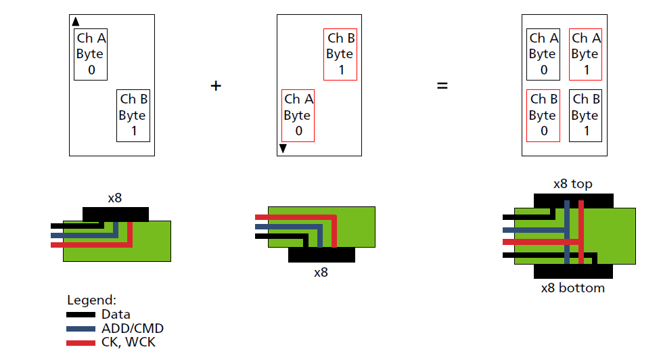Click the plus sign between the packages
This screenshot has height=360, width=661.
click(216, 86)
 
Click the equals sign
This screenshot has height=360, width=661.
click(442, 86)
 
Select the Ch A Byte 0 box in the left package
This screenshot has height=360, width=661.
click(91, 54)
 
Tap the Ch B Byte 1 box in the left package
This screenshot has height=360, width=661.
click(133, 115)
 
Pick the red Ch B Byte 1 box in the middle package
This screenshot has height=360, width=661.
click(340, 54)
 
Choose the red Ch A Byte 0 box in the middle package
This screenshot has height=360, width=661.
click(298, 115)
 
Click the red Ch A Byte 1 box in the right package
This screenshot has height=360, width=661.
click(586, 54)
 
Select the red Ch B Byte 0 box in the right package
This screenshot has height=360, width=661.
click(543, 115)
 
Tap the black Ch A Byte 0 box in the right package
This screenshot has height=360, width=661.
click(543, 54)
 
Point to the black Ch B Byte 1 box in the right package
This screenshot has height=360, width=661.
click(586, 115)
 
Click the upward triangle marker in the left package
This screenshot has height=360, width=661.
click(76, 22)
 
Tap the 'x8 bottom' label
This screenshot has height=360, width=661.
click(573, 288)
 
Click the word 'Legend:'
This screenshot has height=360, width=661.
click(92, 300)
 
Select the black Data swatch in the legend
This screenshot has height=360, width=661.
click(81, 315)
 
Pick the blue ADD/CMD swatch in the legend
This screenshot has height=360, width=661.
click(81, 329)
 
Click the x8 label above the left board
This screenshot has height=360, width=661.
click(115, 198)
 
